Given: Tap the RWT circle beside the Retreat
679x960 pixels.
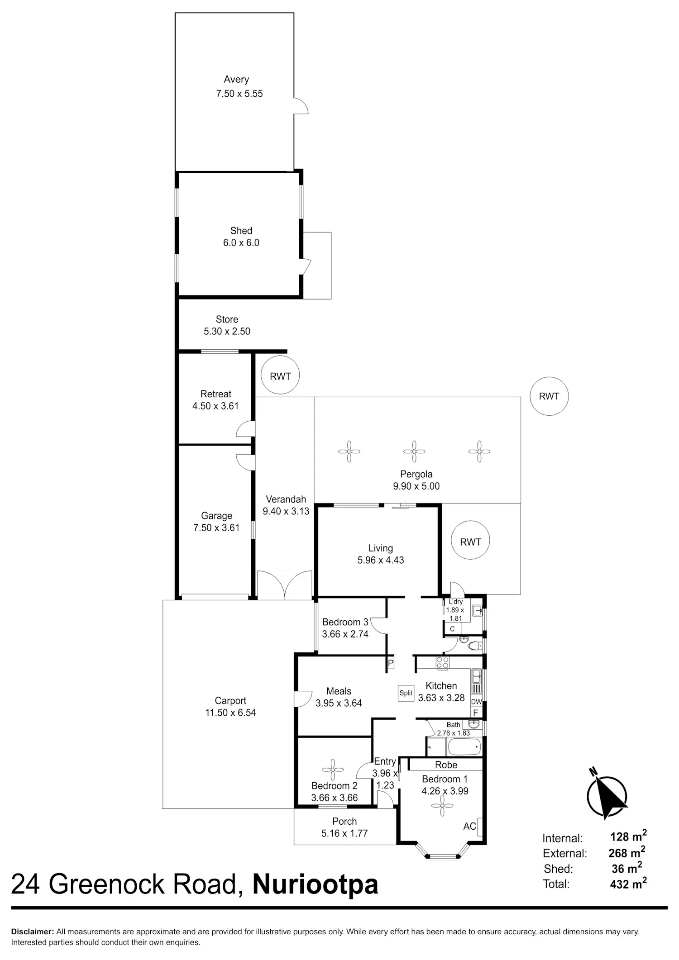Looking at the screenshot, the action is [x=280, y=375].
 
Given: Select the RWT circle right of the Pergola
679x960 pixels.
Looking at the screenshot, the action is [x=549, y=396].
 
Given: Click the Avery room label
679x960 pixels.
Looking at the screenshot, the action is [x=236, y=80].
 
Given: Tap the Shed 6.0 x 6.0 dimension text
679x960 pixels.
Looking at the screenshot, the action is [x=241, y=243].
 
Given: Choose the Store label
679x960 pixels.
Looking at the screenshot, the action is [x=227, y=319].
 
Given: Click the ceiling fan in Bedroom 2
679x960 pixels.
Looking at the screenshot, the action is [x=333, y=770].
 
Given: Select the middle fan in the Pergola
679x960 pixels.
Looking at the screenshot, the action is [x=414, y=451].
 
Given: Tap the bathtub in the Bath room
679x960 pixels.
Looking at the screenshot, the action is [x=464, y=747].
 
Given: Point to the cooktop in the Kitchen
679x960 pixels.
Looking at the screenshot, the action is [x=442, y=663].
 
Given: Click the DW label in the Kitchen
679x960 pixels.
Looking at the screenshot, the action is [x=477, y=702].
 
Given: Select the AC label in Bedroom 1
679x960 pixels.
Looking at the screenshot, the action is [x=470, y=826].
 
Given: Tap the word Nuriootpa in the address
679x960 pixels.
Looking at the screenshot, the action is [x=315, y=885].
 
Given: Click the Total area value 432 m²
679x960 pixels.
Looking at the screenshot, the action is [x=628, y=883].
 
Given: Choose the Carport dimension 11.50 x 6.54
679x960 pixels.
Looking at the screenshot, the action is [x=230, y=713].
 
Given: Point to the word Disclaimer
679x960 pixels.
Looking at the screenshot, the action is [x=32, y=931].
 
